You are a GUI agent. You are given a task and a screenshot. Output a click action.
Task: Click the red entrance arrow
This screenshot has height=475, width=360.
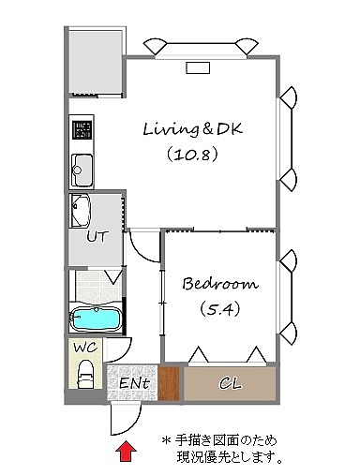tap(127, 451)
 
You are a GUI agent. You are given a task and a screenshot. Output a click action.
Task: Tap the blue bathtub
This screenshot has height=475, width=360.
tap(96, 319)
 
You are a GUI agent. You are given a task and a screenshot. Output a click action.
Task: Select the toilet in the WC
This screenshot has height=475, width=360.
tap(85, 374)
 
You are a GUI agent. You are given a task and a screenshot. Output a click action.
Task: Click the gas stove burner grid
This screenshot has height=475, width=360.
tap(82, 129)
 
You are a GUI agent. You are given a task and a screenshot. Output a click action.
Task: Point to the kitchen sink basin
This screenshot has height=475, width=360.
tap(82, 171)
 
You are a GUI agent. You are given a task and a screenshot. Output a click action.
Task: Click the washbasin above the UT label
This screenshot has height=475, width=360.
tap(81, 211)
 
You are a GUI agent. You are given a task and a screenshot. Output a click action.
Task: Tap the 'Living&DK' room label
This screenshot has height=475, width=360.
tap(192, 128)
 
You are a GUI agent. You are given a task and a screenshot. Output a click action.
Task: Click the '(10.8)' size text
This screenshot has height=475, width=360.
tap(192, 155)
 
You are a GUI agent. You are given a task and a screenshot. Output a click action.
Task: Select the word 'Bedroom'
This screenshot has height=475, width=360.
tap(220, 284)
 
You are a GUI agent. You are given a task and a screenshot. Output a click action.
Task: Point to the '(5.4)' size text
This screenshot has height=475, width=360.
tap(220, 309)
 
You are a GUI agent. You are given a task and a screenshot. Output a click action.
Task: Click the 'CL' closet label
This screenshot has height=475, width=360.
tap(231, 383)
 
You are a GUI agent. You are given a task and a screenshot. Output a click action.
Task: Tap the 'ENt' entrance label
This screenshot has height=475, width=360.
tap(134, 383)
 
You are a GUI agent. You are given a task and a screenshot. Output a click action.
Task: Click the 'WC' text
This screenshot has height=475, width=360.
tap(85, 348)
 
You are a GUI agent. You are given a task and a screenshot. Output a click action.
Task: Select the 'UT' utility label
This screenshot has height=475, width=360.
tap(97, 237)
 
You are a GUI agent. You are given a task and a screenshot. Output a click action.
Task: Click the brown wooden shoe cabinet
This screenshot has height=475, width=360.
tap(169, 383)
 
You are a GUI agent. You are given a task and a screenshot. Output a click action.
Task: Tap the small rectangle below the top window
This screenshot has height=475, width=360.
tap(198, 67)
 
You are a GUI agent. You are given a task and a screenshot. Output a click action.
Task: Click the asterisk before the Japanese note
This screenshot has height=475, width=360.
tap(166, 440)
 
